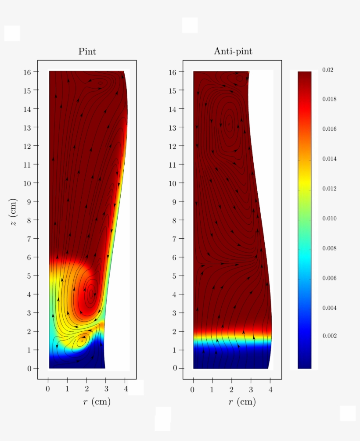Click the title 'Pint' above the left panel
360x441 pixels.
tap(87, 51)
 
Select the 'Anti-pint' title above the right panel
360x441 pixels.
tap(233, 51)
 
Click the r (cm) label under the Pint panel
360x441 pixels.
tap(97, 402)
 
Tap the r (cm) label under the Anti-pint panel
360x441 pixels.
tap(242, 402)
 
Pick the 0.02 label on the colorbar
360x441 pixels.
tap(327, 70)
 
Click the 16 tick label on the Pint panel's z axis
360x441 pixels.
tap(27, 72)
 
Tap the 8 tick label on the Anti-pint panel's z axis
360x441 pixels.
tap(175, 220)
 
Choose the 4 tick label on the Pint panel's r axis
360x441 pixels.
tap(126, 389)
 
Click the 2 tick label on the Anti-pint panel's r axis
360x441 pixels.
tap(232, 389)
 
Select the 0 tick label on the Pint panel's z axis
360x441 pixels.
tap(30, 369)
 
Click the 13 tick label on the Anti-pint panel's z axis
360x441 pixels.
tap(173, 127)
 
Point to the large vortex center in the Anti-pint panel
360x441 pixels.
tap(229, 123)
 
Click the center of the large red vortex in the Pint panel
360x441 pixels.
tap(91, 293)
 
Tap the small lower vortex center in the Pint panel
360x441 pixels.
tap(82, 341)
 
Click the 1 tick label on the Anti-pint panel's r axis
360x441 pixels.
tap(212, 389)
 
